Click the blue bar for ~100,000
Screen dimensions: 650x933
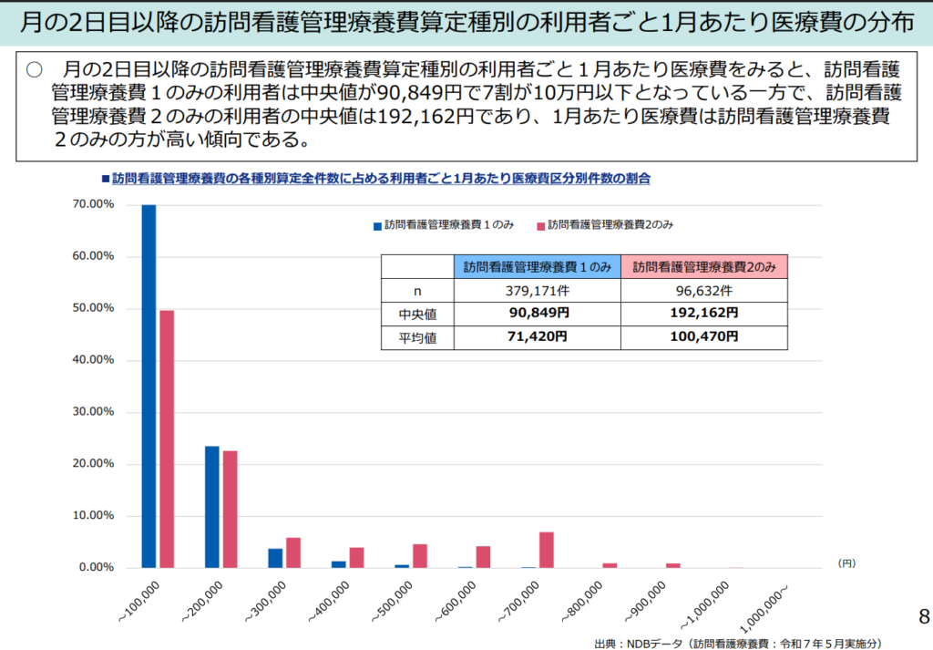[149, 386]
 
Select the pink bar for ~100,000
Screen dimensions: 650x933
[167, 438]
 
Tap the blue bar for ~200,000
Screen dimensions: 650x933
[211, 507]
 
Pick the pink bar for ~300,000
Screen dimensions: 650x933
[293, 552]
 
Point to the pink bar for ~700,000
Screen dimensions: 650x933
[547, 550]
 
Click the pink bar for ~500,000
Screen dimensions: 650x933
[420, 556]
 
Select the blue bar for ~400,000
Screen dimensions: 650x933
[338, 564]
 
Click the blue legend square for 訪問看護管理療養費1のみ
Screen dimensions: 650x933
[375, 224]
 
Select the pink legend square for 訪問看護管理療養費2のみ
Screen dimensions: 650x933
[539, 224]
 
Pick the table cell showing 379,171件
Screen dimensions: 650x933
[538, 291]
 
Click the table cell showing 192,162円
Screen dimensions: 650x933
[704, 314]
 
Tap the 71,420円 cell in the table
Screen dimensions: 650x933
[538, 337]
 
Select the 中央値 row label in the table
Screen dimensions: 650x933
[417, 314]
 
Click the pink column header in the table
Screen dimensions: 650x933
[704, 267]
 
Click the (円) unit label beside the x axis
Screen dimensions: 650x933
[847, 563]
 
